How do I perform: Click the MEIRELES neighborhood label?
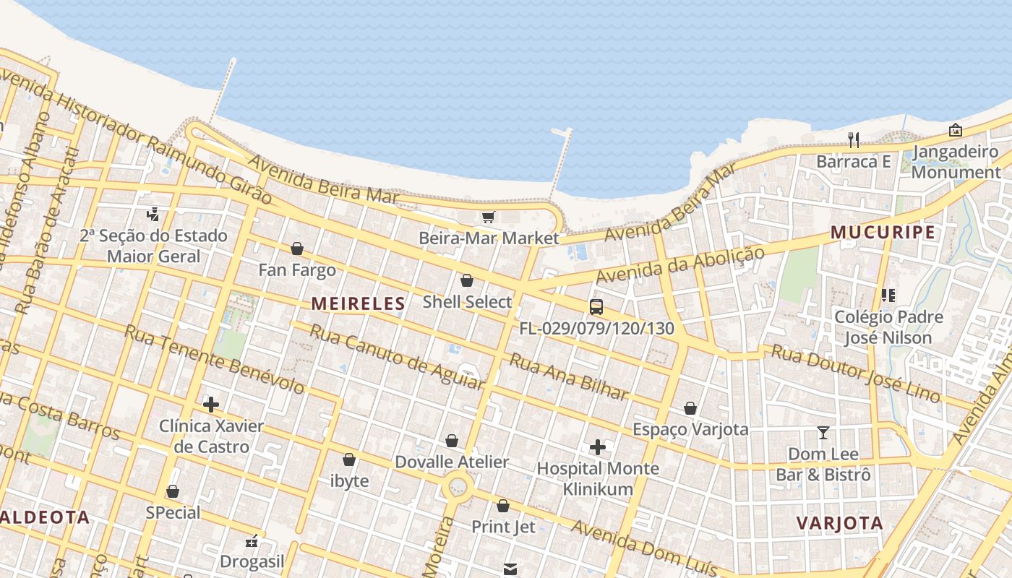pyautogui.click(x=359, y=304)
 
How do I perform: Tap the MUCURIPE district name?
pyautogui.click(x=883, y=233)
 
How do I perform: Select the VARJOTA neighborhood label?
pyautogui.click(x=839, y=523)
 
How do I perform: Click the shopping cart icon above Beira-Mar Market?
pyautogui.click(x=489, y=217)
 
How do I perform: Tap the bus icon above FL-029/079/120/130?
pyautogui.click(x=596, y=307)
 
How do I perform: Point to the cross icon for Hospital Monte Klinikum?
pyautogui.click(x=598, y=447)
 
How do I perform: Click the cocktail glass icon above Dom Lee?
pyautogui.click(x=823, y=433)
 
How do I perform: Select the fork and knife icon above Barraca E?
pyautogui.click(x=854, y=140)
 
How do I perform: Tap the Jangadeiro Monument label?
pyautogui.click(x=956, y=162)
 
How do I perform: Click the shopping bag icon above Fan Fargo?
pyautogui.click(x=297, y=249)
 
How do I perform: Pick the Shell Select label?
pyautogui.click(x=467, y=302)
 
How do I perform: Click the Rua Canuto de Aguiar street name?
pyautogui.click(x=396, y=357)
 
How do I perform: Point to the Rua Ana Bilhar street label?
pyautogui.click(x=569, y=376)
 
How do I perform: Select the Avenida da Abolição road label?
pyautogui.click(x=679, y=265)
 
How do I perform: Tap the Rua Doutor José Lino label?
pyautogui.click(x=856, y=373)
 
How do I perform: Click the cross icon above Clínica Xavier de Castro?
pyautogui.click(x=211, y=405)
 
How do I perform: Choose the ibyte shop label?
pyautogui.click(x=349, y=481)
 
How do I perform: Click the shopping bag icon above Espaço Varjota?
pyautogui.click(x=690, y=408)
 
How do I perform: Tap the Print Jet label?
pyautogui.click(x=504, y=527)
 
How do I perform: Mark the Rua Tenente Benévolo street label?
pyautogui.click(x=214, y=359)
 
